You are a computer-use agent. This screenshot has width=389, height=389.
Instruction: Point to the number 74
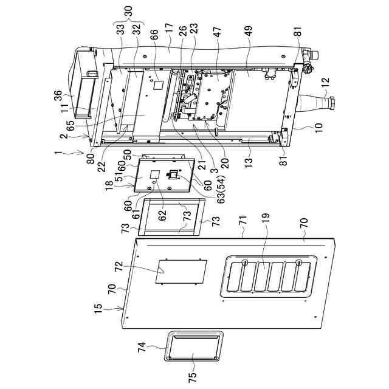tap(143, 348)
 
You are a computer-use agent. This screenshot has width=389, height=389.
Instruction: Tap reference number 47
tap(217, 32)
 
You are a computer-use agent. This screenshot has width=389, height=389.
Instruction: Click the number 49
tap(249, 32)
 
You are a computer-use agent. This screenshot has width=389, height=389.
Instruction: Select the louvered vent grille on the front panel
tap(270, 277)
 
